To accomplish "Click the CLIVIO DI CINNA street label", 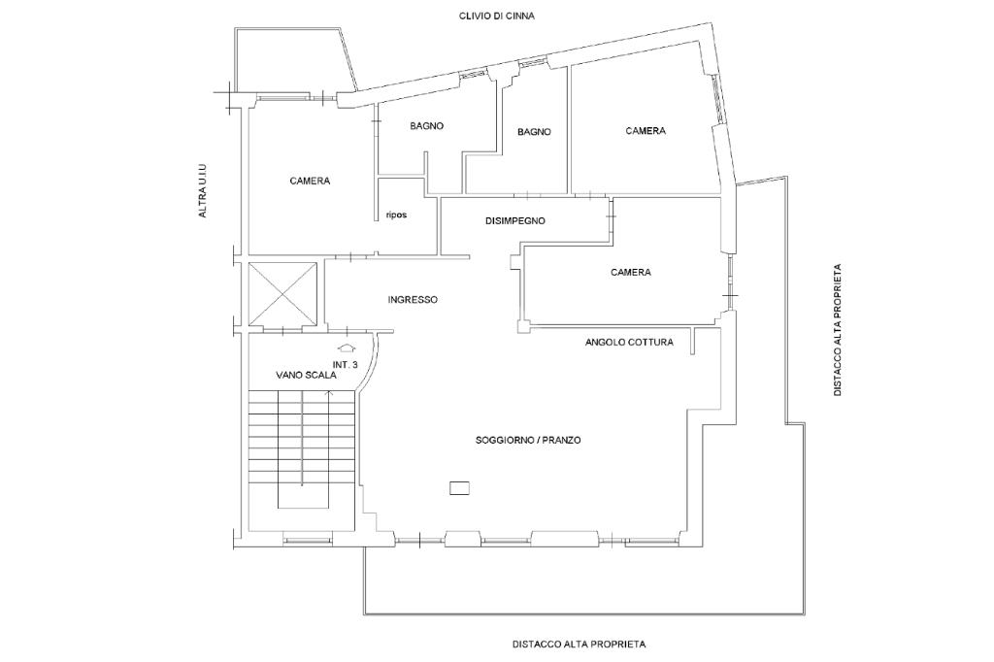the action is (496, 16).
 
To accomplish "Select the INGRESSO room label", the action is (413, 299).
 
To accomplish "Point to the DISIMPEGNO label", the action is (515, 220).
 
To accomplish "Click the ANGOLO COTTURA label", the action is (629, 342).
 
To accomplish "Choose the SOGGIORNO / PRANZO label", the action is (528, 440).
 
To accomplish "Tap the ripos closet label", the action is (396, 215).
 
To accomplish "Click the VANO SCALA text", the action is (306, 375).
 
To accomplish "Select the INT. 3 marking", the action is (346, 365).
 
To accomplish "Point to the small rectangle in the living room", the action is (459, 487).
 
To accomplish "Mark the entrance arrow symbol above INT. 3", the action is (346, 348).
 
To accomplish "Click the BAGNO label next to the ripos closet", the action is (427, 125).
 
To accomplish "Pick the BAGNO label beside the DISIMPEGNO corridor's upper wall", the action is (535, 132).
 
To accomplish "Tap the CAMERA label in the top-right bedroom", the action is (646, 131).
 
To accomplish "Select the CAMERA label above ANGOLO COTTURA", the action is (631, 272).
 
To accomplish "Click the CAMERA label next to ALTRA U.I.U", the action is (310, 181).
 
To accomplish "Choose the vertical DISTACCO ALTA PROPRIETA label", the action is (838, 330).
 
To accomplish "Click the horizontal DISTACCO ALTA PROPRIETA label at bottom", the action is (579, 645).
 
